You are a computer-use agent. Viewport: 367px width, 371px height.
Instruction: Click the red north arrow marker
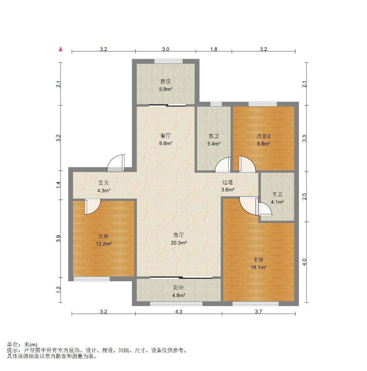(x=61, y=49)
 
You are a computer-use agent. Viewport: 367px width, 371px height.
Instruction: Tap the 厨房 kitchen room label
(x=165, y=82)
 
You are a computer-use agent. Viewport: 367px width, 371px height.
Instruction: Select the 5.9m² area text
(x=165, y=89)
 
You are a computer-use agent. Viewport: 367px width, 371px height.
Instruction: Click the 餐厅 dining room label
(x=165, y=136)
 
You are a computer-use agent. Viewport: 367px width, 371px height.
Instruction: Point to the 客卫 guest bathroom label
(x=214, y=136)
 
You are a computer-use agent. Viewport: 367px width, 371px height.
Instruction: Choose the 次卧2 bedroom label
(x=264, y=136)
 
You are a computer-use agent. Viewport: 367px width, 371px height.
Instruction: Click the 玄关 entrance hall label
(x=104, y=183)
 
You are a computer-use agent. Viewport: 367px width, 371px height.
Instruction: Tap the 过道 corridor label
(x=227, y=182)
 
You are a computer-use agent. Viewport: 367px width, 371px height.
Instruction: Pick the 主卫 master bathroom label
(x=277, y=194)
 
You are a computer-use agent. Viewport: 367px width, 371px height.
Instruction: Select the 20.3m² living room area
(x=179, y=242)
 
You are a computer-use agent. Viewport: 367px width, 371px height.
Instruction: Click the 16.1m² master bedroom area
(x=259, y=267)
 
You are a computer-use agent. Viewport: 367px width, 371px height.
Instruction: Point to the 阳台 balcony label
(x=178, y=287)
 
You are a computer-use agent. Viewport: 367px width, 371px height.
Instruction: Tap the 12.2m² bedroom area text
(x=104, y=244)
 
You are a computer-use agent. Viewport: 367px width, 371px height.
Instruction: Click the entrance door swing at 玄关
(x=116, y=163)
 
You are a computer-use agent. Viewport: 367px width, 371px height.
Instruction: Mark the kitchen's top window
(x=168, y=61)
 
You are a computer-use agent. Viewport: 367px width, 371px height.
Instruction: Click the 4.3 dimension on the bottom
(x=179, y=311)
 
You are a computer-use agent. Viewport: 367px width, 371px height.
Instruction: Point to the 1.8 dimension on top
(x=214, y=49)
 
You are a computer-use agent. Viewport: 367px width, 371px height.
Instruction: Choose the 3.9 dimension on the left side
(x=59, y=238)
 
